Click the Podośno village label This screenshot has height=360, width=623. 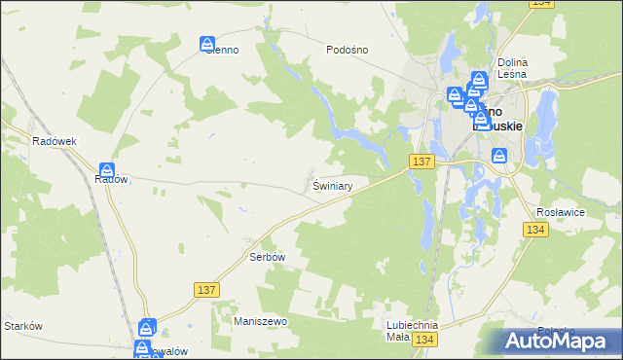(346, 51)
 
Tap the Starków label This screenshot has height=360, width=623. (23, 326)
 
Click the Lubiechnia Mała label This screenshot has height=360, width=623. (412, 331)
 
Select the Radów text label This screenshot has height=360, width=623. (112, 180)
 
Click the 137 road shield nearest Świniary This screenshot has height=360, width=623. (421, 161)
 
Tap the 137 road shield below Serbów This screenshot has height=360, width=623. (206, 290)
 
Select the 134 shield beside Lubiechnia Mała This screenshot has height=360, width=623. (423, 339)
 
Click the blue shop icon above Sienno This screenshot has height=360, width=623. (207, 44)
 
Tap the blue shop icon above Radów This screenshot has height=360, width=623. (106, 170)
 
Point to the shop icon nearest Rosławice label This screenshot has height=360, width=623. (499, 155)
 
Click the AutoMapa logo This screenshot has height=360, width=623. (558, 340)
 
